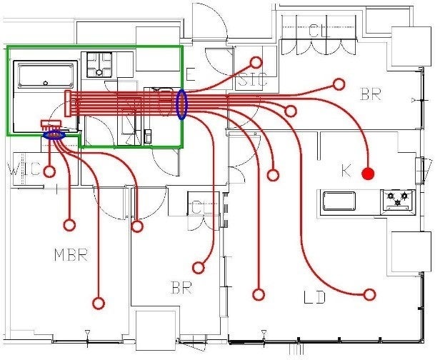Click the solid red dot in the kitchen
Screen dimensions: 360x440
(368, 174)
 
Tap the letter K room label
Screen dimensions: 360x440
(346, 171)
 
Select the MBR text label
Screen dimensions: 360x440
(71, 255)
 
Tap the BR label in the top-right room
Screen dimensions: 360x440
(370, 94)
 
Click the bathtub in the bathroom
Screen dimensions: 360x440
(46, 76)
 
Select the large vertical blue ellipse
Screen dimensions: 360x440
(181, 104)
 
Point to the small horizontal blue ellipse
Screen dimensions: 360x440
(54, 134)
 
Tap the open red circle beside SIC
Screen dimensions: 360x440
(256, 62)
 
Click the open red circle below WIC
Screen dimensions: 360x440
(49, 171)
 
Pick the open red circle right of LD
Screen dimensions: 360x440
(369, 294)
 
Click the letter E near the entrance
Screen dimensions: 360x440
(191, 74)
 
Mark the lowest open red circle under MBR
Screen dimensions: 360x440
(99, 304)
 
